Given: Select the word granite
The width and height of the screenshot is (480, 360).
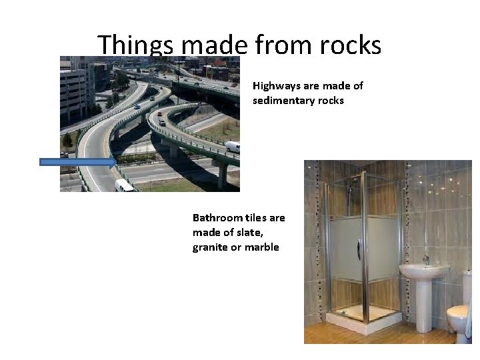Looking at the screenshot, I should [211, 247].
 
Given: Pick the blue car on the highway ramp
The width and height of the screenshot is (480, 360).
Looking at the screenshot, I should [137, 106].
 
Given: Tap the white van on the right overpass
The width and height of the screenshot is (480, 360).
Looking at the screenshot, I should [232, 147].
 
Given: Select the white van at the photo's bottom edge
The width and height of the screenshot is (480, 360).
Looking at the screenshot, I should [124, 185].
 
